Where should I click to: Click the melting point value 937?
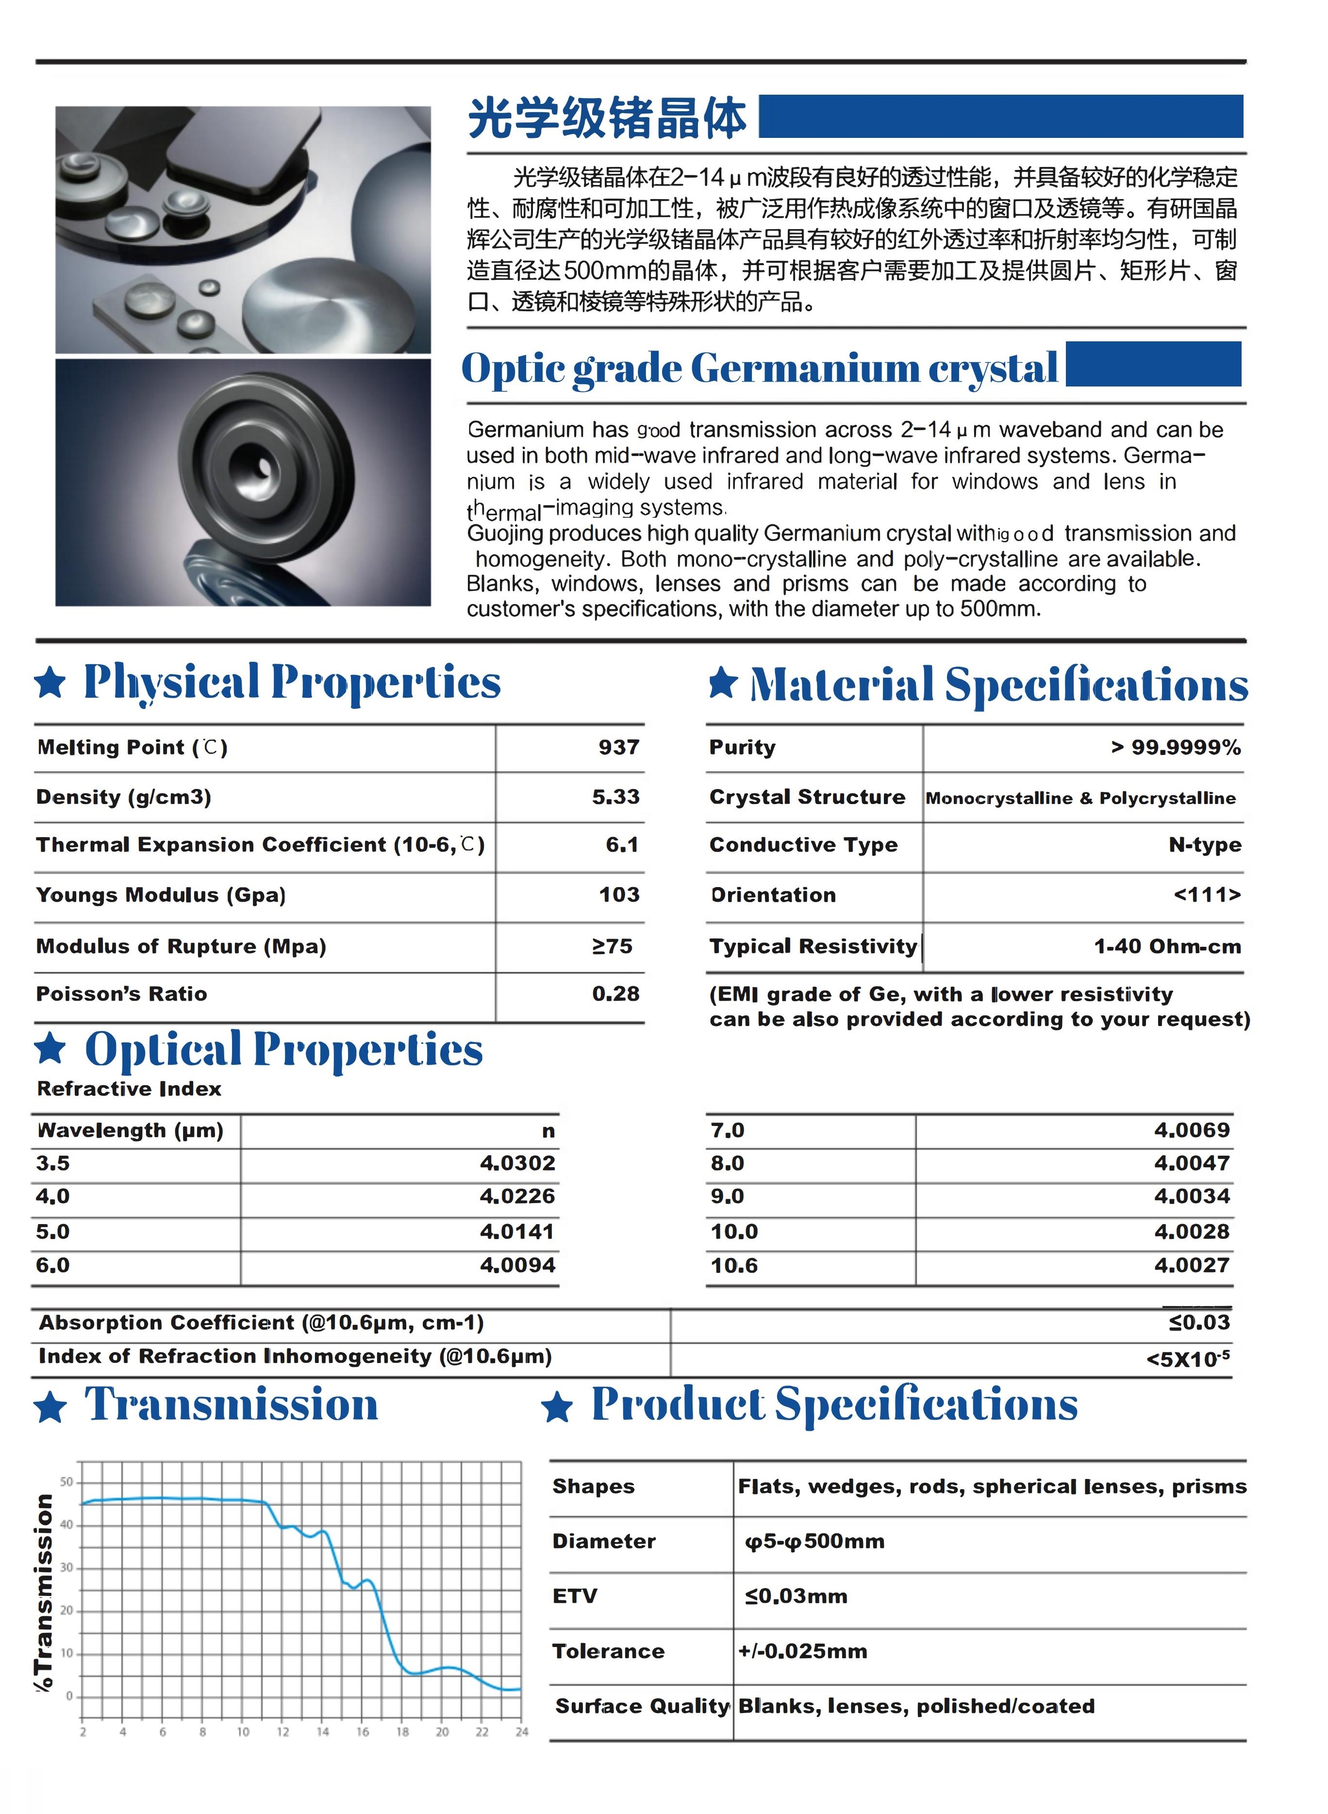click(618, 748)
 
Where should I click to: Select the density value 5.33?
click(616, 797)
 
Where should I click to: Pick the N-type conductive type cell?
click(1204, 845)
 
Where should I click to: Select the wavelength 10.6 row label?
click(734, 1266)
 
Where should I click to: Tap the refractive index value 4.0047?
click(1191, 1163)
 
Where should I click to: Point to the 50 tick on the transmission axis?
click(66, 1482)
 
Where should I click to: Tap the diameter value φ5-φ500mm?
click(814, 1542)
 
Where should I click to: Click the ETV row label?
click(575, 1596)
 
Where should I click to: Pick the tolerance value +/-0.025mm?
click(802, 1651)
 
